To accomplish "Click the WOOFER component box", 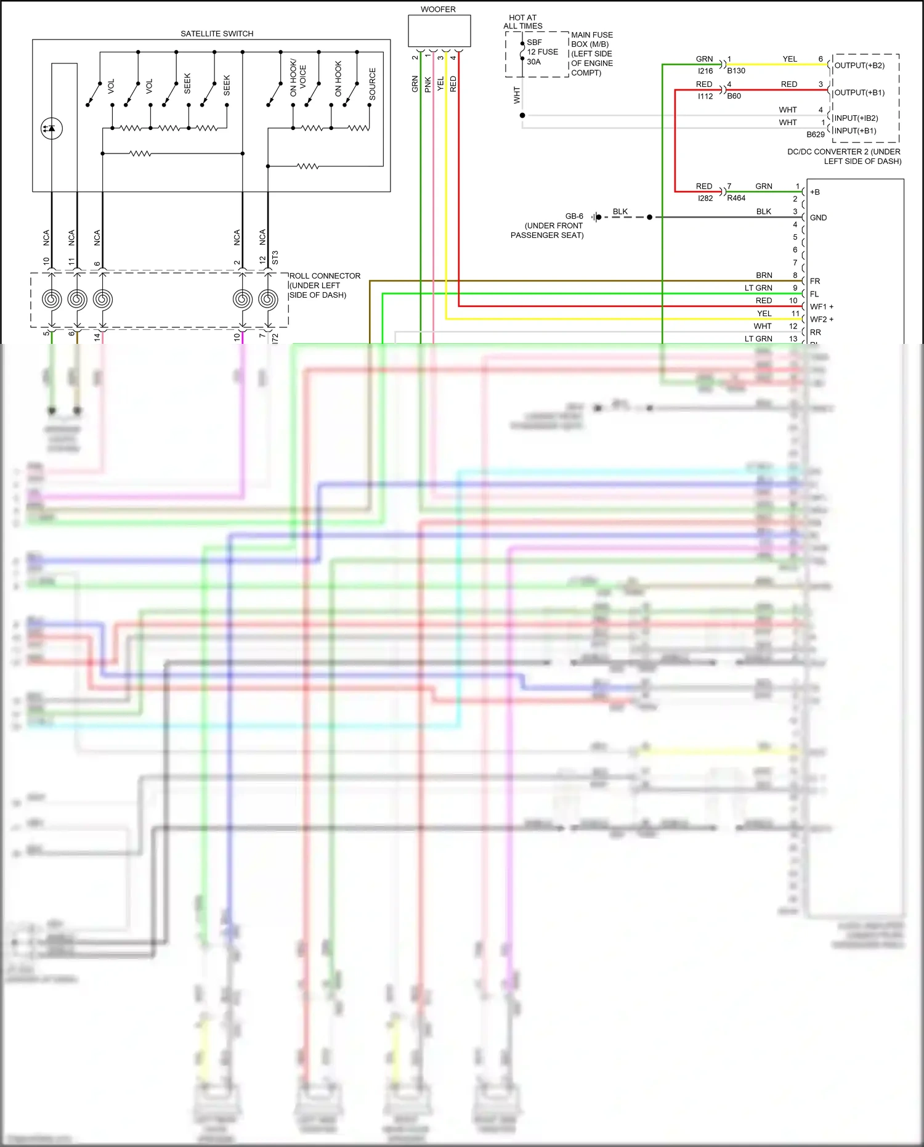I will pos(439,31).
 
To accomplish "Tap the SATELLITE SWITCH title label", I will pos(217,34).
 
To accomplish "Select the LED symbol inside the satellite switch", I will pos(52,128).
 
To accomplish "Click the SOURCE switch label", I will pos(372,84).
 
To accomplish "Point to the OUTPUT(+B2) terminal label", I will pos(859,65).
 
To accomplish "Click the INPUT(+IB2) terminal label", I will pos(856,118).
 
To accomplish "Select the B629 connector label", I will pos(815,134).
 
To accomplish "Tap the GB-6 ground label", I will pos(574,216).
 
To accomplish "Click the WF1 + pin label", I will pos(822,306).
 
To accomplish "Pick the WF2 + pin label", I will pos(822,319).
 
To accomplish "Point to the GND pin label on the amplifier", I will pos(818,218).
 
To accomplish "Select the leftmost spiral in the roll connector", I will pos(52,299).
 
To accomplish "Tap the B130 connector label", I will pos(736,71).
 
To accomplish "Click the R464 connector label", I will pos(736,198).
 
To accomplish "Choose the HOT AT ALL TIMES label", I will pos(523,22).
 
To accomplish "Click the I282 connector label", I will pos(705,198).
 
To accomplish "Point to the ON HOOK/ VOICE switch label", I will pos(298,78).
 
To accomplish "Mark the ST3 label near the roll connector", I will pos(275,258).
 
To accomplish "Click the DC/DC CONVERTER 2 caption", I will pos(844,157).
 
